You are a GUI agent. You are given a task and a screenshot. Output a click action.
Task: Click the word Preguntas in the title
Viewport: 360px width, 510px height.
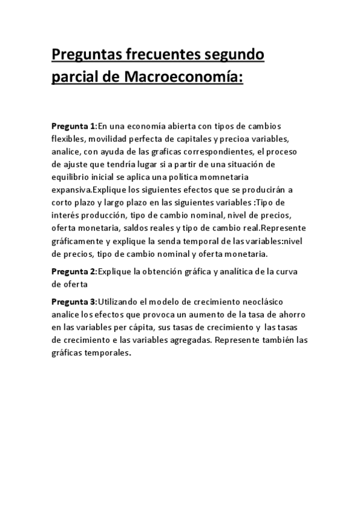tap(87, 56)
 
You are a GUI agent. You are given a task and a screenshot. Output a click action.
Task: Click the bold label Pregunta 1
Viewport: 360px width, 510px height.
tap(73, 126)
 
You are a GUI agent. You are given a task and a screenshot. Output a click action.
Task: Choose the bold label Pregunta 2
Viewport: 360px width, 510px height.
tap(73, 271)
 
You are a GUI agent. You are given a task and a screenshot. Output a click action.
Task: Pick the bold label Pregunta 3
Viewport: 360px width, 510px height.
tap(73, 301)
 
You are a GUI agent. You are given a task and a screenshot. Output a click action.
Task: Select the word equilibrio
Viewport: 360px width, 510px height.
tap(72, 178)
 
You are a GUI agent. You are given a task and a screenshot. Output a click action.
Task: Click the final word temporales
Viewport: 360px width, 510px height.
tap(108, 353)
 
